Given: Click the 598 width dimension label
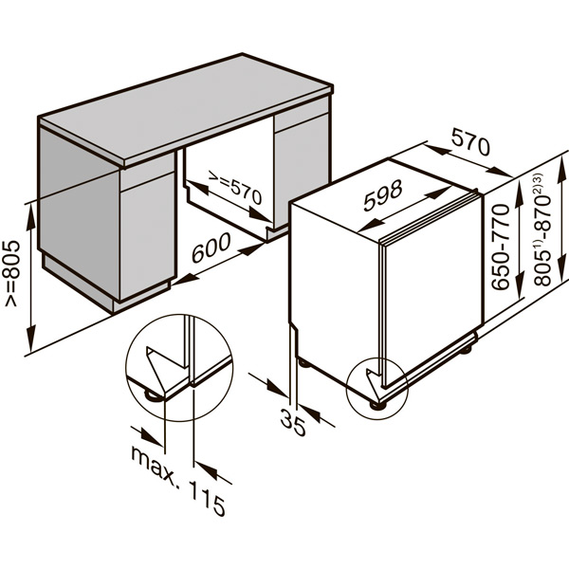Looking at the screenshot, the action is pyautogui.click(x=382, y=195).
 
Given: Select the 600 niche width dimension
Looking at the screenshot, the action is pyautogui.click(x=211, y=248).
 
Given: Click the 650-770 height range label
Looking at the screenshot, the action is pyautogui.click(x=501, y=247).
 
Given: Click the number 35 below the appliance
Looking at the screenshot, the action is pyautogui.click(x=293, y=422).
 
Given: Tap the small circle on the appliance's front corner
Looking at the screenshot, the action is pyautogui.click(x=377, y=388).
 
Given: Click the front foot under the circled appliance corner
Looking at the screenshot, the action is pyautogui.click(x=375, y=405).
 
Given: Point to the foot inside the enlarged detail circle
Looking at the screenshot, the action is pyautogui.click(x=151, y=395).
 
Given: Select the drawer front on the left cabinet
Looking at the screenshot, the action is pyautogui.click(x=148, y=179).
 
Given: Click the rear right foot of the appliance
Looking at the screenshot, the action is pyautogui.click(x=466, y=350).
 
